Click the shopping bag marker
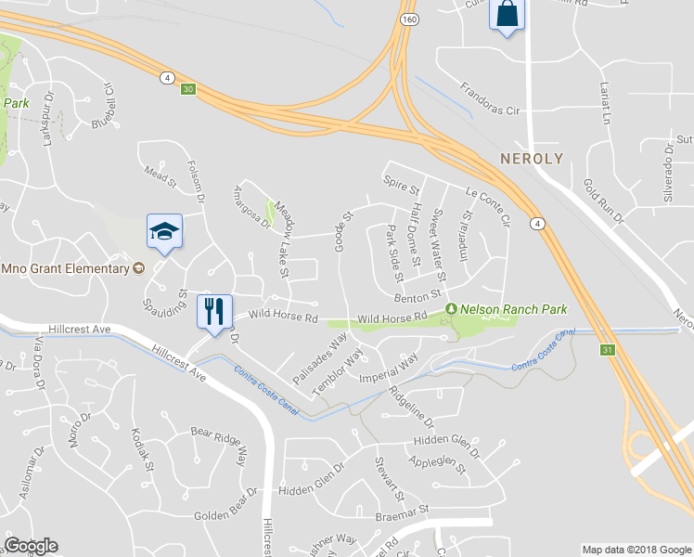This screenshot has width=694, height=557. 507,15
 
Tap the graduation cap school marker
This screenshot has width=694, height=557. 164,231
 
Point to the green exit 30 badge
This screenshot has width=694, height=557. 188,89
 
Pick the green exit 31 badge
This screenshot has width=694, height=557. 607,350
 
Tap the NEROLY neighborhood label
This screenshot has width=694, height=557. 532,159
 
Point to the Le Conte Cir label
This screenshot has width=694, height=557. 489,209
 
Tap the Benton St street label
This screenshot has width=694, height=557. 416,296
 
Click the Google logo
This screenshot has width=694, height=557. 31,546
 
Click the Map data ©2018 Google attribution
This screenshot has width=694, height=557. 636,550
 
